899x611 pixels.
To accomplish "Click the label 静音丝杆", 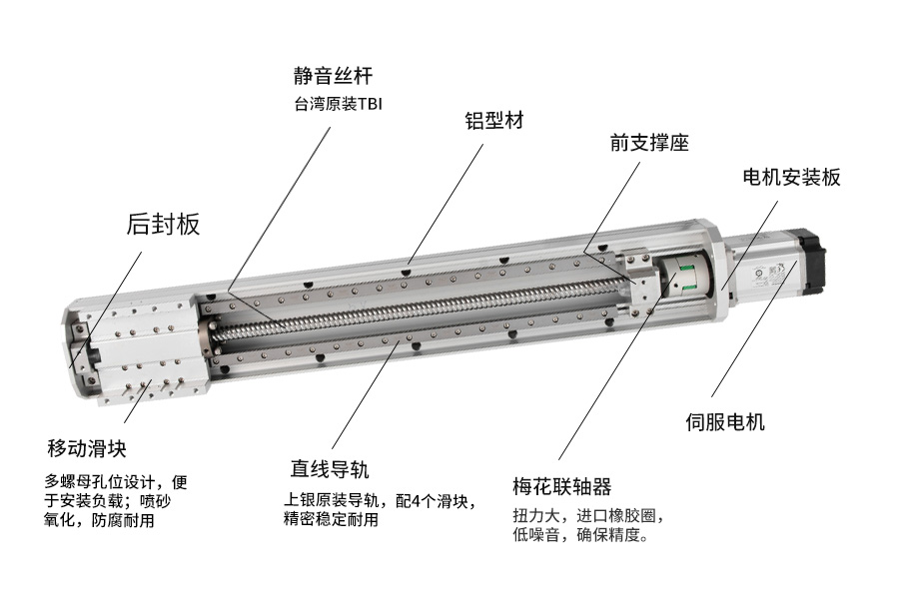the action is tap(333, 76).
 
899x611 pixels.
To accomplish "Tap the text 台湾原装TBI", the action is tap(339, 104).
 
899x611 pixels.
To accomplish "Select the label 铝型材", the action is tap(494, 121).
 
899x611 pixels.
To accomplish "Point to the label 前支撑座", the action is tap(649, 143).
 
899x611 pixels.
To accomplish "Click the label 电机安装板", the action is tap(792, 177).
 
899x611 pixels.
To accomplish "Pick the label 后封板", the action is tap(163, 224).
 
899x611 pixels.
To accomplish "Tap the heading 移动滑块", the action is tap(87, 448).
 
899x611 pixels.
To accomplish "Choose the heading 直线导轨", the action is tap(330, 469).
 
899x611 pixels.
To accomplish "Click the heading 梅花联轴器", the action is tap(562, 487).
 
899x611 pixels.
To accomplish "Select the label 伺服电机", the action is tap(725, 422).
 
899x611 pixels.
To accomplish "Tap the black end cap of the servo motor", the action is tap(809, 257).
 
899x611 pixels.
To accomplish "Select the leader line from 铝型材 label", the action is tap(445, 204).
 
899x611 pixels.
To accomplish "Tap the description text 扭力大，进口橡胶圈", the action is tap(588, 516).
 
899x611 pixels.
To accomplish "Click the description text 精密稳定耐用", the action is tap(331, 520).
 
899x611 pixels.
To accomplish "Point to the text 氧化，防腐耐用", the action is tap(99, 520).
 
